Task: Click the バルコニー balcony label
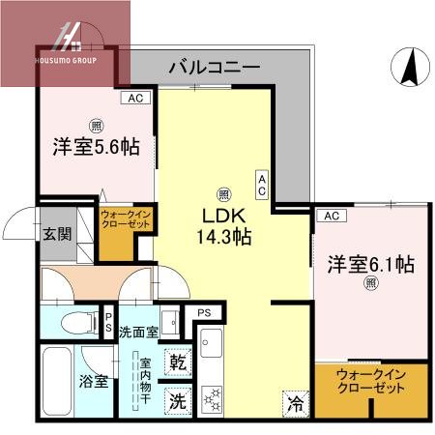(x=214, y=68)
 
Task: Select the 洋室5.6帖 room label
(x=95, y=148)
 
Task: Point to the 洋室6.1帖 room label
(x=370, y=263)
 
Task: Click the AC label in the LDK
(x=262, y=183)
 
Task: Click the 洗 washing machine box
(x=179, y=397)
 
